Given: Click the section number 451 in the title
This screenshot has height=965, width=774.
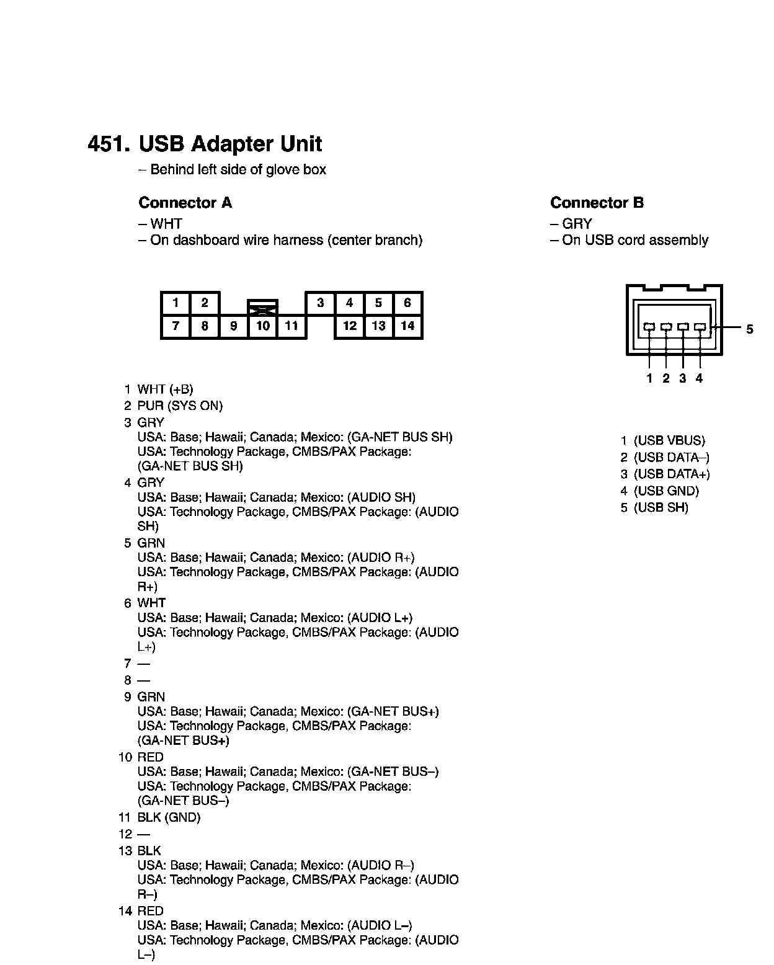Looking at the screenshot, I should (108, 144).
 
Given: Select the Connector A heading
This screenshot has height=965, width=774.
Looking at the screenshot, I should (185, 203).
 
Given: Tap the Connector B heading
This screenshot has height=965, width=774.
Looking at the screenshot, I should (597, 203).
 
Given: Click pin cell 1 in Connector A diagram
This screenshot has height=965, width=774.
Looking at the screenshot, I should (176, 303).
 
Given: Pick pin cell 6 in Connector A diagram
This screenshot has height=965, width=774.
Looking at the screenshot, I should (407, 303).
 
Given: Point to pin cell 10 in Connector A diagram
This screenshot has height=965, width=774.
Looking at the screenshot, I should (263, 326).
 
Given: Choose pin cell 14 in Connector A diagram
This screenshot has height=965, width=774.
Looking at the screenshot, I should (407, 326).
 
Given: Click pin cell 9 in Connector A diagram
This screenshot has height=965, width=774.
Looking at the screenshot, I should (234, 326).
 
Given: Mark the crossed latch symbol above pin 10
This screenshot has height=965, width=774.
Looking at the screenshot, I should (263, 306).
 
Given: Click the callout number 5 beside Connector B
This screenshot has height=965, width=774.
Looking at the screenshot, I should (749, 329).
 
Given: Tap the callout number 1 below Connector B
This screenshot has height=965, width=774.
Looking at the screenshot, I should (649, 378).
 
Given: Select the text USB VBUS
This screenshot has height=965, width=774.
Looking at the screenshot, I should (669, 441).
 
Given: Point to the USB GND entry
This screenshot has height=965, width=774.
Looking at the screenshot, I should (666, 491).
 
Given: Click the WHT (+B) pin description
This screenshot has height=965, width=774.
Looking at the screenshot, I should (165, 389).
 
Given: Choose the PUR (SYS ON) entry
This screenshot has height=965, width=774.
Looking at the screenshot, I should (180, 406).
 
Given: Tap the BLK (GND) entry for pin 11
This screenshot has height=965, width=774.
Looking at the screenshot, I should (169, 817).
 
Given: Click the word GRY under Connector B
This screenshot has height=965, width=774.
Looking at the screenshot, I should (577, 224).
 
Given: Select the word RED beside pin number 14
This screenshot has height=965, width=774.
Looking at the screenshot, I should (150, 911).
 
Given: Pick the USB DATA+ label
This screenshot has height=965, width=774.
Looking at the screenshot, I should (672, 474).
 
